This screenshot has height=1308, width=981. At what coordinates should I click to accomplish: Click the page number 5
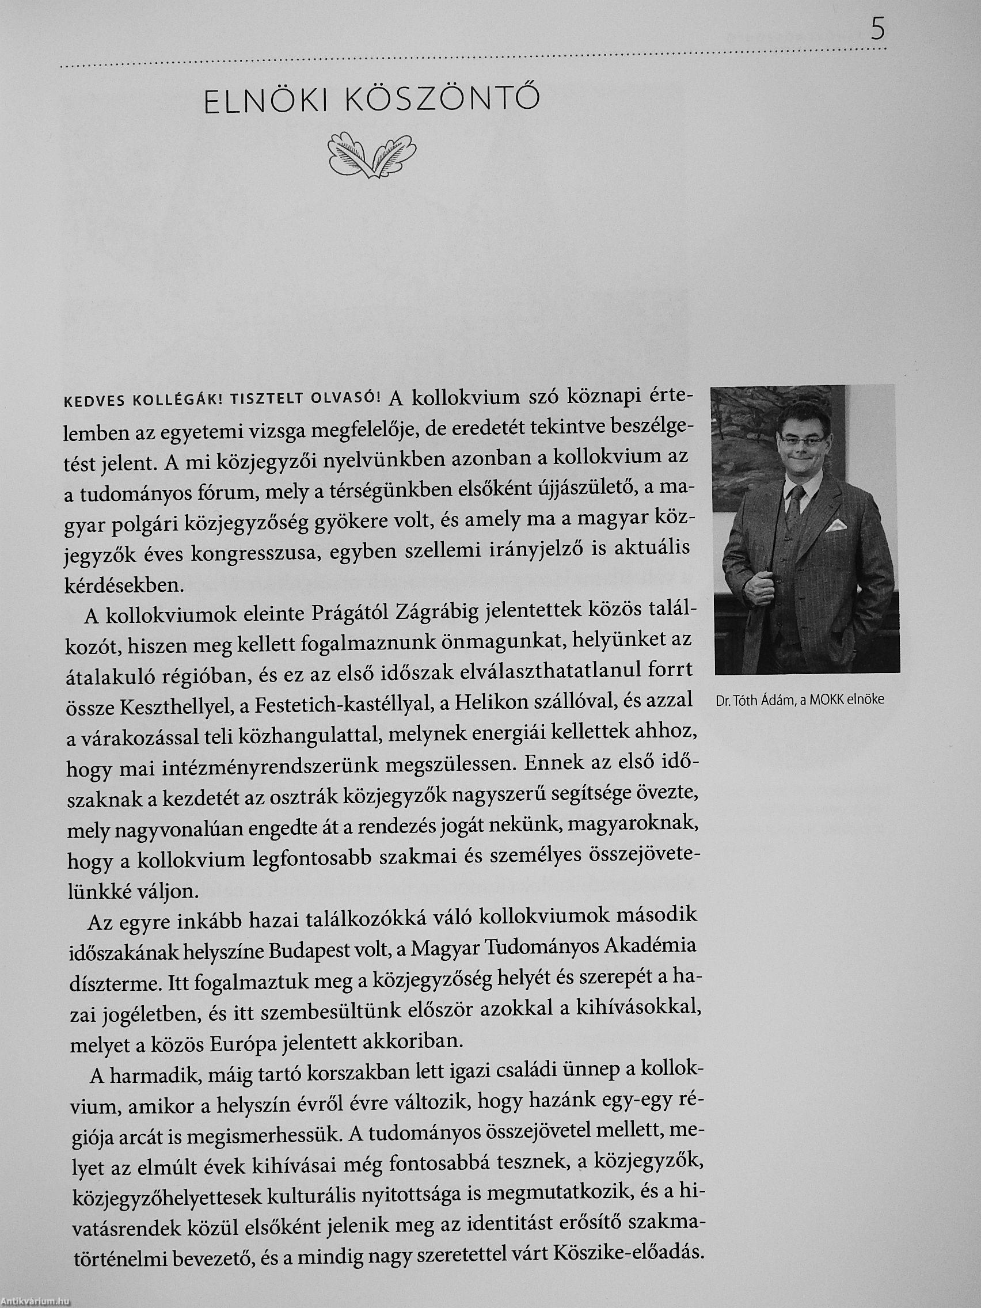tap(878, 30)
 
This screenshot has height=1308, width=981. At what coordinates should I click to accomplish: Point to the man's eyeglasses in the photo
tap(802, 438)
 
